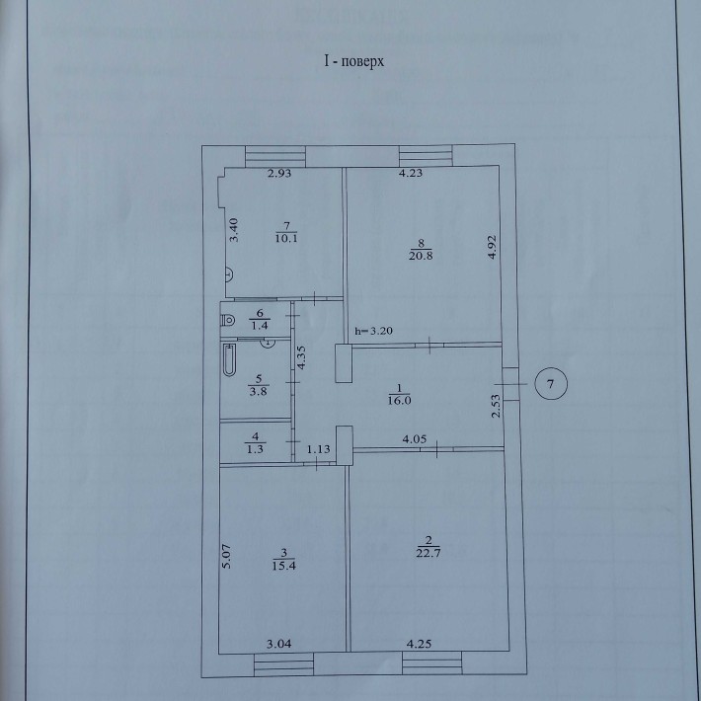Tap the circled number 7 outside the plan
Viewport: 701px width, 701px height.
pos(551,382)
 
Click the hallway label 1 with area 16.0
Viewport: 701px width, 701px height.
pos(398,394)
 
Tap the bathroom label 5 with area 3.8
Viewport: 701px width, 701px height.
pos(257,382)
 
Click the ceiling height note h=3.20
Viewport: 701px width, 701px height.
pos(374,332)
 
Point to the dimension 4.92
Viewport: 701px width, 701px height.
pos(491,246)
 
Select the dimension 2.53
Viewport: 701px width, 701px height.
pos(497,405)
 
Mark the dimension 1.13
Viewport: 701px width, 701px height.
pos(318,450)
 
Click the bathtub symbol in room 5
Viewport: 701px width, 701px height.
pos(230,363)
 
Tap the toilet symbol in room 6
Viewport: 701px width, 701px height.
pos(228,319)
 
